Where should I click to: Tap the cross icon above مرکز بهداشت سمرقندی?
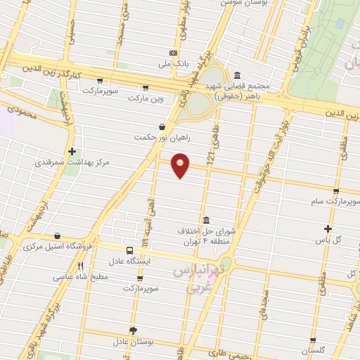[x=72, y=150]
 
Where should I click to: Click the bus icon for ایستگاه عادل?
[x=129, y=250]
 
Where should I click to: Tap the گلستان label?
[x=314, y=349]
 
